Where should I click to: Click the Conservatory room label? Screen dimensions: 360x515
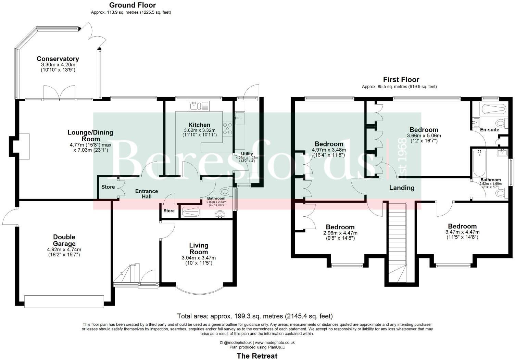click(58, 59)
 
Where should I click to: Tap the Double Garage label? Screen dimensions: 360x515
click(64, 240)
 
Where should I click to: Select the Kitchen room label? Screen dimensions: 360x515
click(199, 125)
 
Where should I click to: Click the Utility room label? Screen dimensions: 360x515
click(247, 154)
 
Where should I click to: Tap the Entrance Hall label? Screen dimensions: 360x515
click(147, 194)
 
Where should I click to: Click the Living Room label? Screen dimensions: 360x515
click(199, 248)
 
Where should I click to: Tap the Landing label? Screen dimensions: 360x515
click(402, 188)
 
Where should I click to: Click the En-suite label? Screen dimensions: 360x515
click(489, 130)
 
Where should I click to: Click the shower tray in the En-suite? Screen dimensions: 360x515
click(493, 109)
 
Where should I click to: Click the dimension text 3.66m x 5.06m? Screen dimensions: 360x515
click(424, 136)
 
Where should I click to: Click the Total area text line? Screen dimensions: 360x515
click(255, 316)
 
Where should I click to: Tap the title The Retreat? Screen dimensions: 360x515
click(257, 356)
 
